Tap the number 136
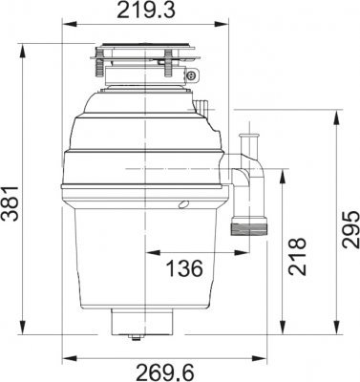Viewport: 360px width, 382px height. [183, 268]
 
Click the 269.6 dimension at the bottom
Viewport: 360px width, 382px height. [149, 371]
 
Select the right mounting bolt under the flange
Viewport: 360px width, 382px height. [169, 70]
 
